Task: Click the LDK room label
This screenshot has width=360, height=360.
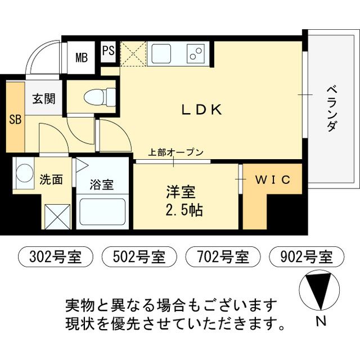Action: pyautogui.click(x=202, y=110)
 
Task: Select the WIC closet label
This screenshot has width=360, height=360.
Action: pyautogui.click(x=273, y=180)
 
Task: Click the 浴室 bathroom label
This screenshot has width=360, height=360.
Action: pyautogui.click(x=102, y=184)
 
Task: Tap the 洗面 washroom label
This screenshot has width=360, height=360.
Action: pyautogui.click(x=51, y=181)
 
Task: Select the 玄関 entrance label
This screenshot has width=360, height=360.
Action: pyautogui.click(x=43, y=100)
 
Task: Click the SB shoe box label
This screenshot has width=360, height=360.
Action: pyautogui.click(x=15, y=120)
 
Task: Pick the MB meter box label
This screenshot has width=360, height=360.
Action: pyautogui.click(x=82, y=57)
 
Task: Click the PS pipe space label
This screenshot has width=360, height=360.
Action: pyautogui.click(x=109, y=51)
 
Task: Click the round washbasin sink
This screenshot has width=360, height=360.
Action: pyautogui.click(x=24, y=172)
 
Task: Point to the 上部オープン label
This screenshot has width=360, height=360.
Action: pyautogui.click(x=175, y=152)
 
